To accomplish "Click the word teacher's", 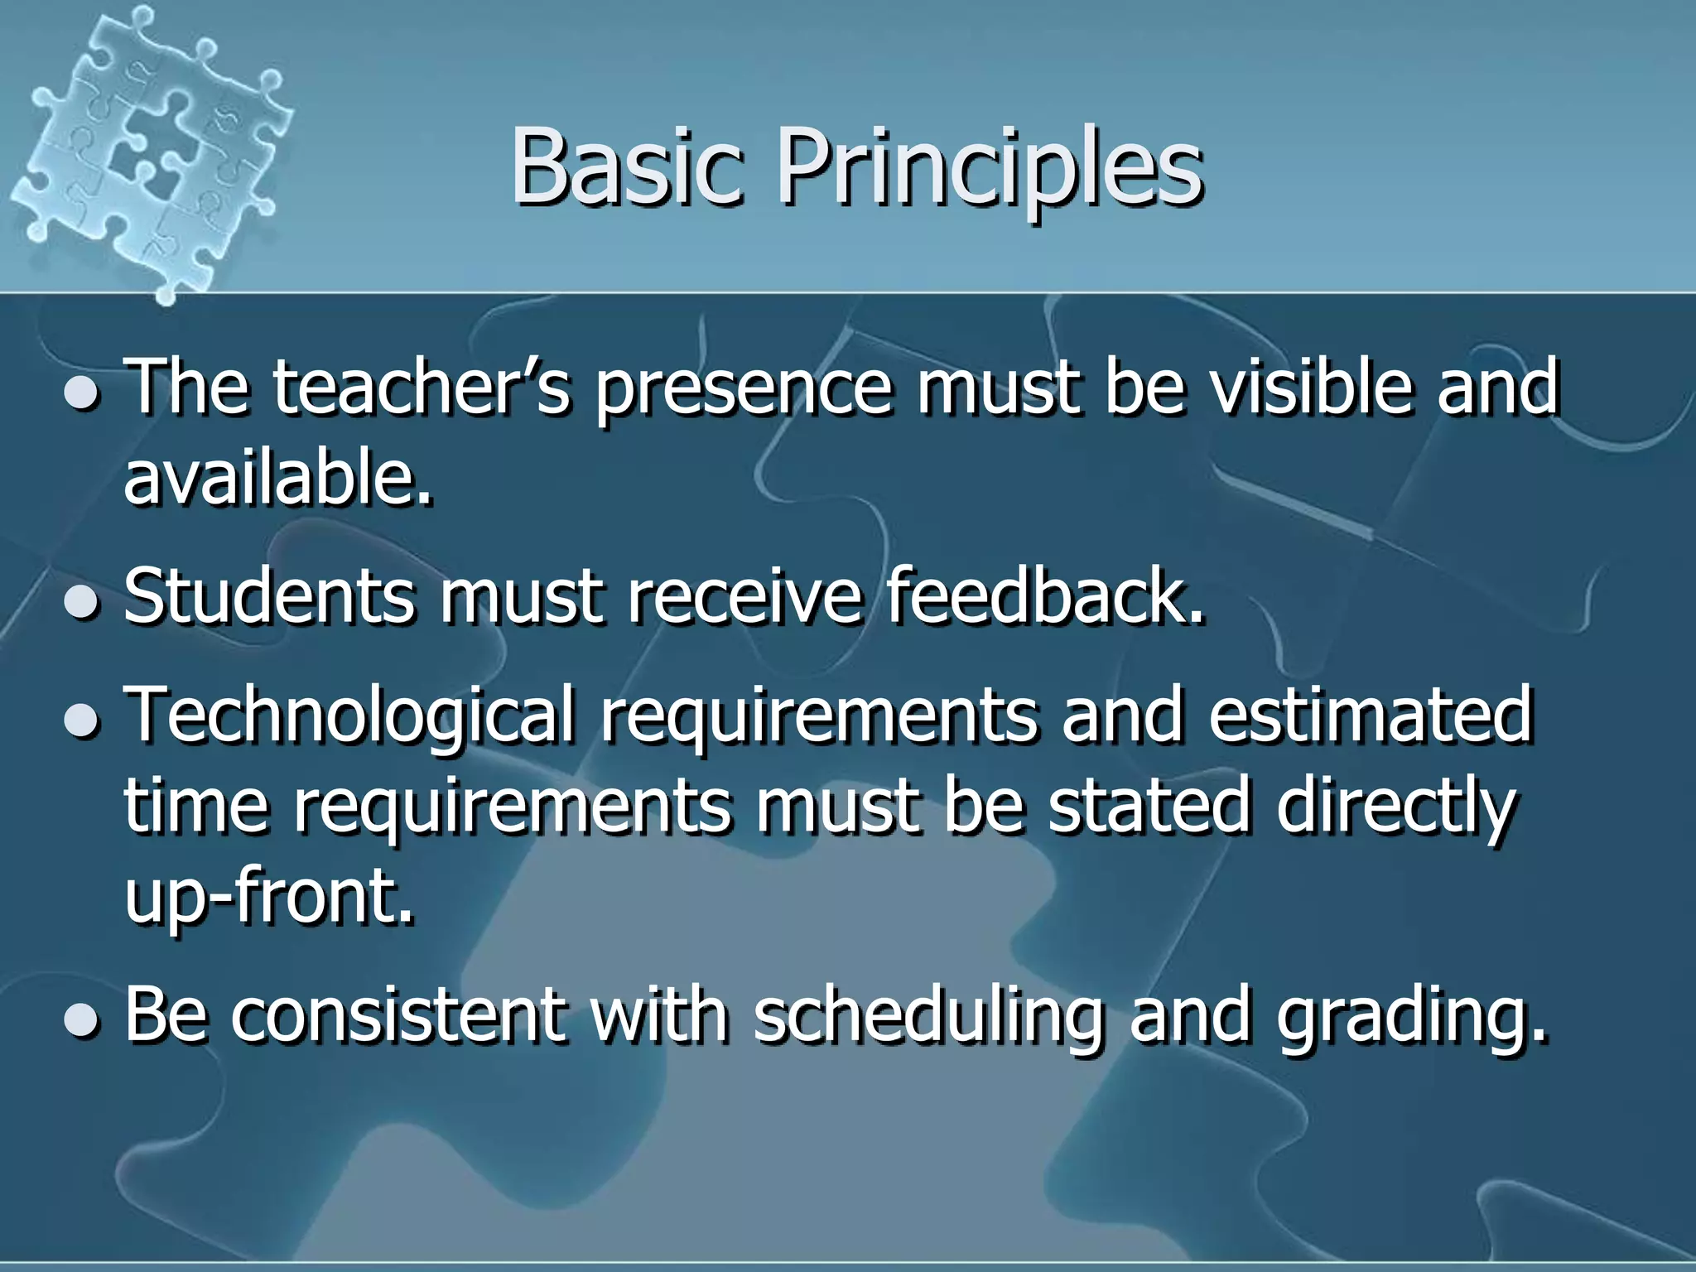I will [422, 387].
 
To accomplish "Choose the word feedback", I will [1045, 595].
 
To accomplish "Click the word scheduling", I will [928, 1017].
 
